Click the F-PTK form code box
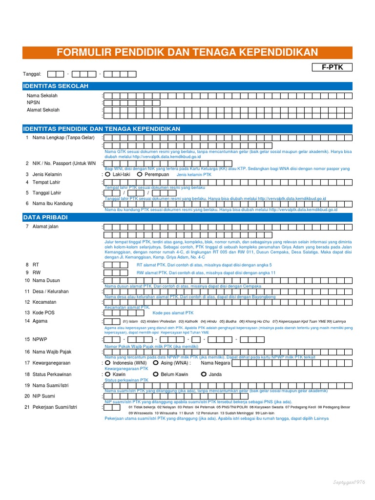click(332, 67)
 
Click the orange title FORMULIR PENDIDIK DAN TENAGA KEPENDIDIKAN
click(187, 53)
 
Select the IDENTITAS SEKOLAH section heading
click(56, 86)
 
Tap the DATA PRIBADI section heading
click(45, 216)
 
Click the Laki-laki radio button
click(108, 174)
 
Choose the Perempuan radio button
click(140, 174)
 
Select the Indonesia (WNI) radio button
click(108, 363)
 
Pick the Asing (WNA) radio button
click(155, 363)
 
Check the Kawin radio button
click(108, 375)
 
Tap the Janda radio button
click(203, 375)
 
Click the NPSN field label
click(33, 103)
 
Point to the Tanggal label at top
click(32, 74)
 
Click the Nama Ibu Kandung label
click(53, 204)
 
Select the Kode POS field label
click(43, 312)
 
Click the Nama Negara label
click(215, 363)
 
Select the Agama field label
click(40, 321)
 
